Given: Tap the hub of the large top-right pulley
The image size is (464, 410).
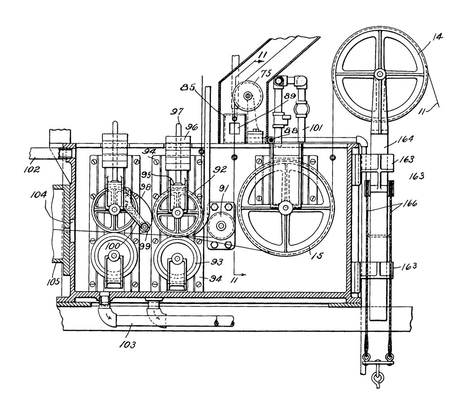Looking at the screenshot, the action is (x=379, y=73).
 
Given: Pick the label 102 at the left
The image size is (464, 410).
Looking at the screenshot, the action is (x=32, y=170).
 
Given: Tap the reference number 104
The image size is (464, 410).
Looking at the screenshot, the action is (x=39, y=195).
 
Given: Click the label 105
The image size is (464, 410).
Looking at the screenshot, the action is (x=53, y=281).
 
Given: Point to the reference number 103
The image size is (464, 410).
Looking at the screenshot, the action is (x=128, y=345).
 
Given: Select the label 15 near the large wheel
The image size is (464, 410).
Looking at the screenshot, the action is (x=319, y=255).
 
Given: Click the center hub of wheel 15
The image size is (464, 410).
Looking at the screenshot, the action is (x=285, y=208).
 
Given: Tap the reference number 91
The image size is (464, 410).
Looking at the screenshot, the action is (x=223, y=189).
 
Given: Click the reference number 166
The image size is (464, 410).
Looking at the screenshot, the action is (x=410, y=203).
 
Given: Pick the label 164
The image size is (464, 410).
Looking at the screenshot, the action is (x=406, y=139).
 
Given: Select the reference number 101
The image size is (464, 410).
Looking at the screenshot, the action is (x=315, y=128).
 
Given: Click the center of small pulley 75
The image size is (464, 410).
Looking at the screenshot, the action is (x=248, y=96).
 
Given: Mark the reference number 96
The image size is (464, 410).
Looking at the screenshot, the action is (x=191, y=127).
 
